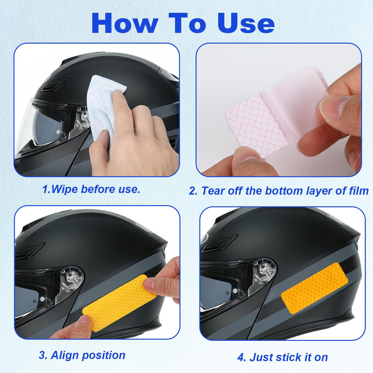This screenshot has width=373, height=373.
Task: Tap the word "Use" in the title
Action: click(x=246, y=23)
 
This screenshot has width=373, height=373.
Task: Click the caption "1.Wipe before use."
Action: click(x=91, y=189)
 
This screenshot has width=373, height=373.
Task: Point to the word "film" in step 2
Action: click(x=358, y=191)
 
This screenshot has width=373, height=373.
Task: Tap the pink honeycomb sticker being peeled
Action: click(x=276, y=112)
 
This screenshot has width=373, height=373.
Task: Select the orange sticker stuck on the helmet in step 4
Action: click(x=314, y=288)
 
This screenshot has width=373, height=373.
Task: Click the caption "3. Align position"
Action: click(x=82, y=355)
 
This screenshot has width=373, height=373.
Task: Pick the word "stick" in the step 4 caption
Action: click(x=290, y=357)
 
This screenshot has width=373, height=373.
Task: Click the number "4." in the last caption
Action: click(x=242, y=357)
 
